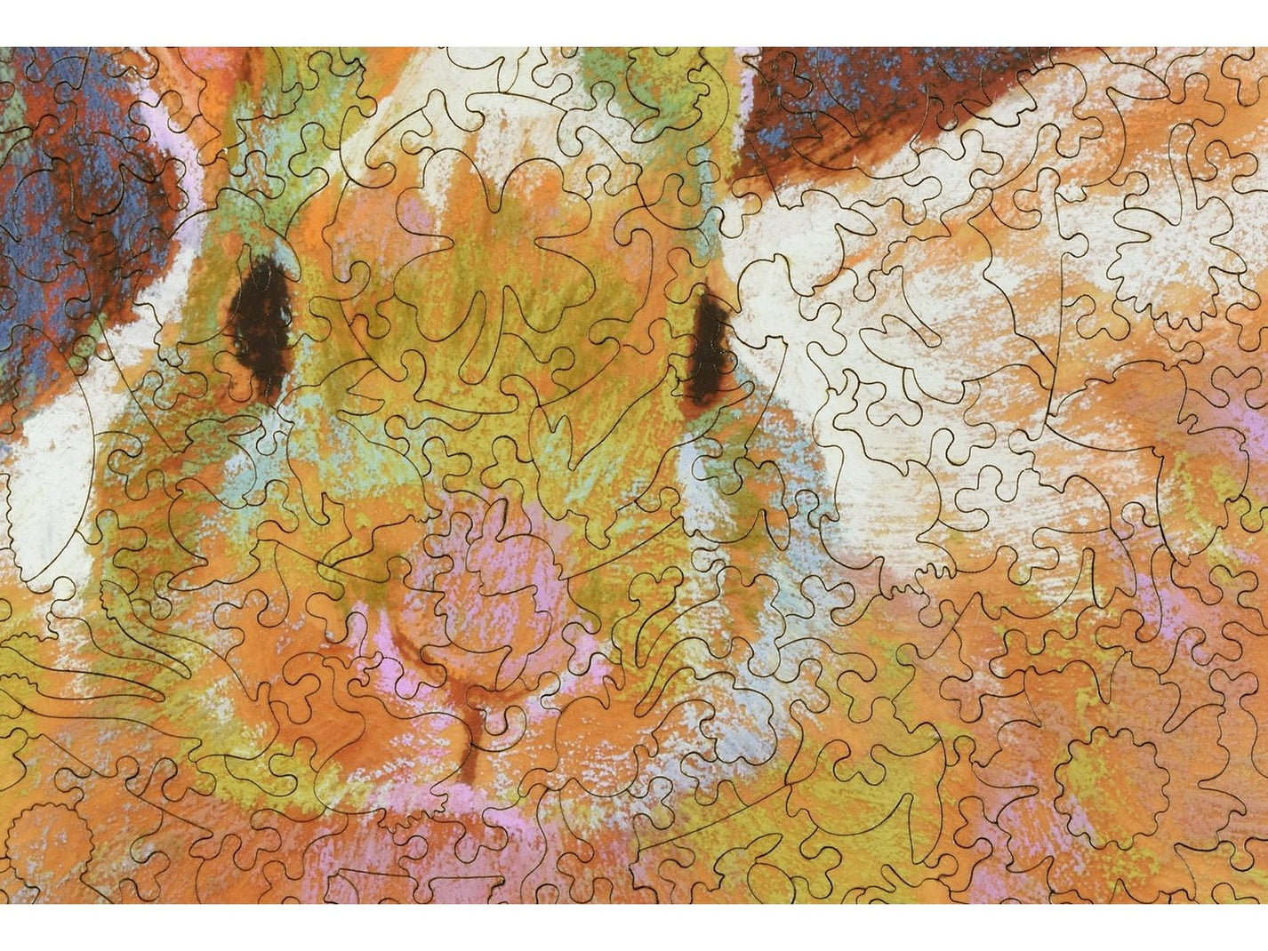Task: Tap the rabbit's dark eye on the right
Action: tap(709, 348)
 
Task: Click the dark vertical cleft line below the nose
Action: tap(471, 724)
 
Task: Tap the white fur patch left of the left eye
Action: tap(53, 462)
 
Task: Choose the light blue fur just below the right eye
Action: tap(702, 462)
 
